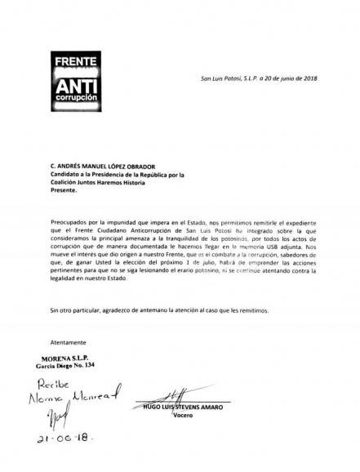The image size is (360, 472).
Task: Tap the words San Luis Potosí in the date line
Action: (x=226, y=78)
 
